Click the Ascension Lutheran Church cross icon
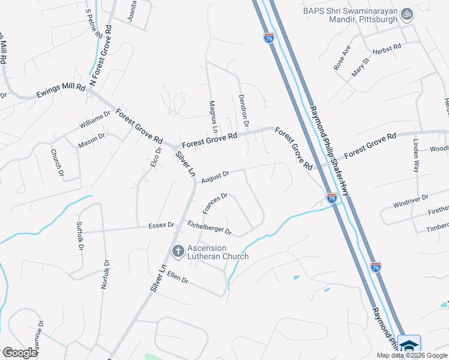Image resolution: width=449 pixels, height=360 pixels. click(178, 251)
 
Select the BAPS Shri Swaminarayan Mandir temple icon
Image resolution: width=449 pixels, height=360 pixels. click(407, 14)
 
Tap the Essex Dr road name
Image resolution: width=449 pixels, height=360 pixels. click(161, 226)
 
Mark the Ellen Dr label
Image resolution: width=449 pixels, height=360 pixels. click(178, 280)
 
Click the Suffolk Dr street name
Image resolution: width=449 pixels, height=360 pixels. click(79, 235)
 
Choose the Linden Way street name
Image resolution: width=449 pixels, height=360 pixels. click(415, 156)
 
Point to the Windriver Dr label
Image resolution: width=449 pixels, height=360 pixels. click(411, 200)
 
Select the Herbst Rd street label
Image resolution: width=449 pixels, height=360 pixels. click(385, 47)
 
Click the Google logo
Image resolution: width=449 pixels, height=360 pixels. click(20, 353)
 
